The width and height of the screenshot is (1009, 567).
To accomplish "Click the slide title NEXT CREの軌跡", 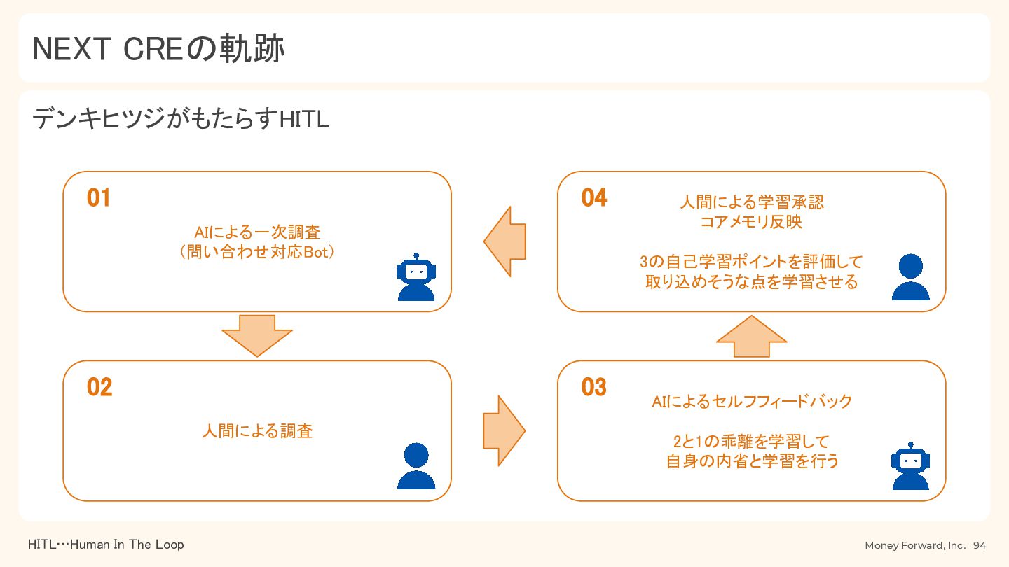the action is [x=158, y=48].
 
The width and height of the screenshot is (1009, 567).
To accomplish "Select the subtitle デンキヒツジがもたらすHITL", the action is [x=181, y=119].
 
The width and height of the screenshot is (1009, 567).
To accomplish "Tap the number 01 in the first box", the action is [x=99, y=198].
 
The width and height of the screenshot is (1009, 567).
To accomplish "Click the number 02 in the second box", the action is [x=99, y=387].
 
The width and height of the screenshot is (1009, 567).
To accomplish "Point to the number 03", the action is [x=594, y=387].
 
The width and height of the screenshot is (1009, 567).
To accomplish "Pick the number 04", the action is [x=594, y=198].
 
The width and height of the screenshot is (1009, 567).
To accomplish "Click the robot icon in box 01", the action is [x=416, y=276].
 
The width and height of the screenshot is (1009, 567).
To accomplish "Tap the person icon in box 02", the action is [x=416, y=465].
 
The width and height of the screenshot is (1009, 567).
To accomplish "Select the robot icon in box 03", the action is [x=911, y=465].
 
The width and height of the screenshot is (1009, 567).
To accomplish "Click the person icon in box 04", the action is [x=911, y=276].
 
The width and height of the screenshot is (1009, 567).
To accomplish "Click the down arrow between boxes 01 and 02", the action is [x=257, y=336].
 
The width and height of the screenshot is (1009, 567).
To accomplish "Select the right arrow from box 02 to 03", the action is [x=504, y=430].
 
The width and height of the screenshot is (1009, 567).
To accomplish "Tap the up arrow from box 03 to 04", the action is [x=751, y=336].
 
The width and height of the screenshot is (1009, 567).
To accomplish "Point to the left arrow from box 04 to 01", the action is [x=504, y=241].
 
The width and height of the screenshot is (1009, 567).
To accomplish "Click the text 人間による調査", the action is [x=257, y=431].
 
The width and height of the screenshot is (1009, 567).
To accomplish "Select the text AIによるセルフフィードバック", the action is [x=752, y=401].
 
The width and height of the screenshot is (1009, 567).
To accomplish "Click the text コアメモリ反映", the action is [x=751, y=222].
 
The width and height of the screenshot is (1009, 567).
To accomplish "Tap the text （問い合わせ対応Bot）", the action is [x=257, y=252].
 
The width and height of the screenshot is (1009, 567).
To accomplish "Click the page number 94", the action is [x=980, y=545].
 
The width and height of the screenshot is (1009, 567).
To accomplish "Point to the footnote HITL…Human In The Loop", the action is [x=106, y=545].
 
